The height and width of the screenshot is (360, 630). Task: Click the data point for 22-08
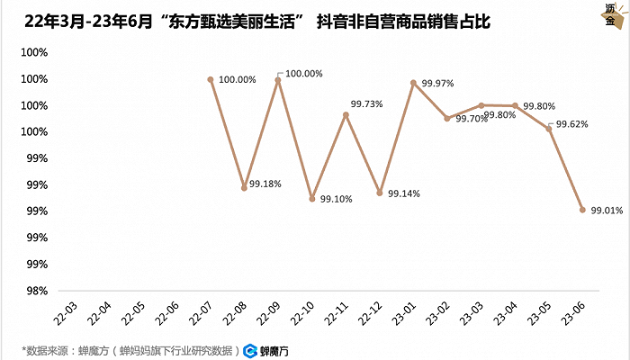244,188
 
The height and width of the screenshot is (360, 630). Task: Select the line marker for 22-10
311,199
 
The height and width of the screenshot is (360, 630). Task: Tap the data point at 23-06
582,210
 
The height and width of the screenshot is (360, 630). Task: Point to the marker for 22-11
346,114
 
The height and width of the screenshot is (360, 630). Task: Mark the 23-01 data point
413,83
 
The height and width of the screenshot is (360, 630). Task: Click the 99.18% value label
265,184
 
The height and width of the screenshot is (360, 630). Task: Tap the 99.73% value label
366,104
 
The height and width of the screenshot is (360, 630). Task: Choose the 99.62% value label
571,124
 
